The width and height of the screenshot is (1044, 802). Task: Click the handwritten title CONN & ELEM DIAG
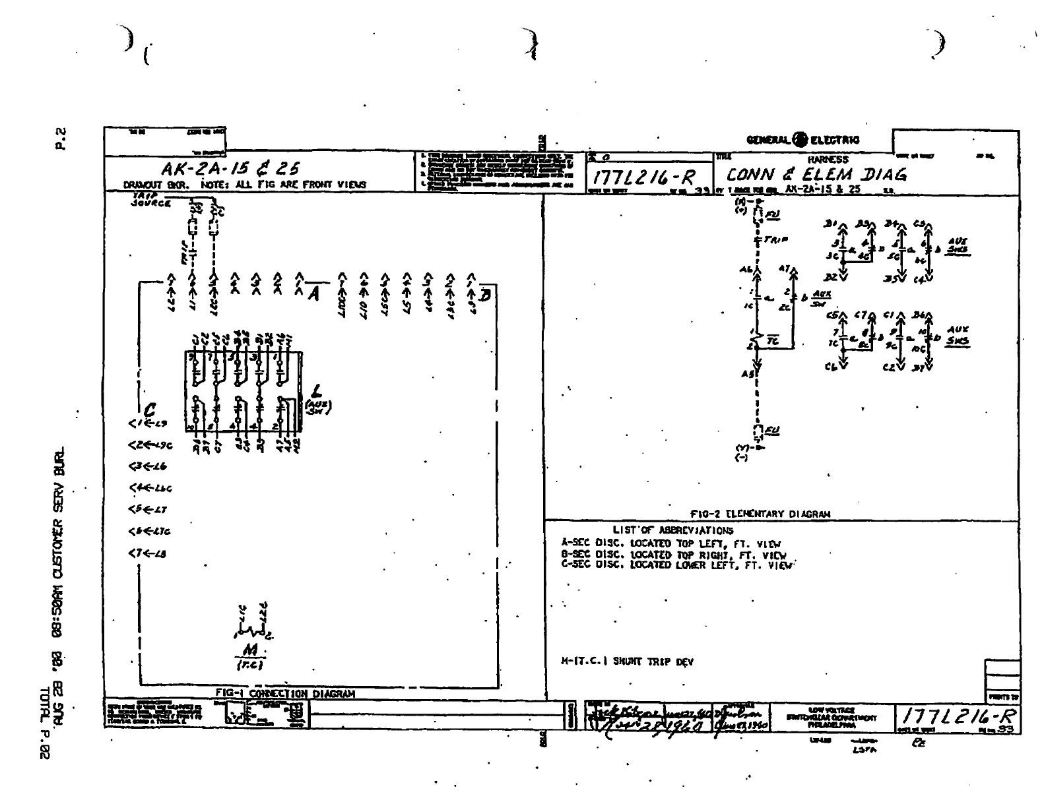(x=816, y=175)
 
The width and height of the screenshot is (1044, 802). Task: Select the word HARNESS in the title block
(x=828, y=159)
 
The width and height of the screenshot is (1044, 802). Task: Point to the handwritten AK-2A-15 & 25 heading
(x=230, y=170)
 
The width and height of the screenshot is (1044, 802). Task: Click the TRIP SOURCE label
(x=150, y=200)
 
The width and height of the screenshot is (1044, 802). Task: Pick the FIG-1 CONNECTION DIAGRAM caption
(x=285, y=693)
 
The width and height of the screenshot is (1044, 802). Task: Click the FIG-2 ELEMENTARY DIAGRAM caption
(x=760, y=513)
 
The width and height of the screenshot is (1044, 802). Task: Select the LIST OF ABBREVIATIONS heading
(x=673, y=530)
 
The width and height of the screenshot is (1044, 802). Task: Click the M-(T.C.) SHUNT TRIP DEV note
(x=627, y=662)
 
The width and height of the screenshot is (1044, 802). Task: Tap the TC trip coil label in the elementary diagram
(x=773, y=340)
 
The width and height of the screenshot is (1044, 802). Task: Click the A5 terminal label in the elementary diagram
(x=746, y=374)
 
